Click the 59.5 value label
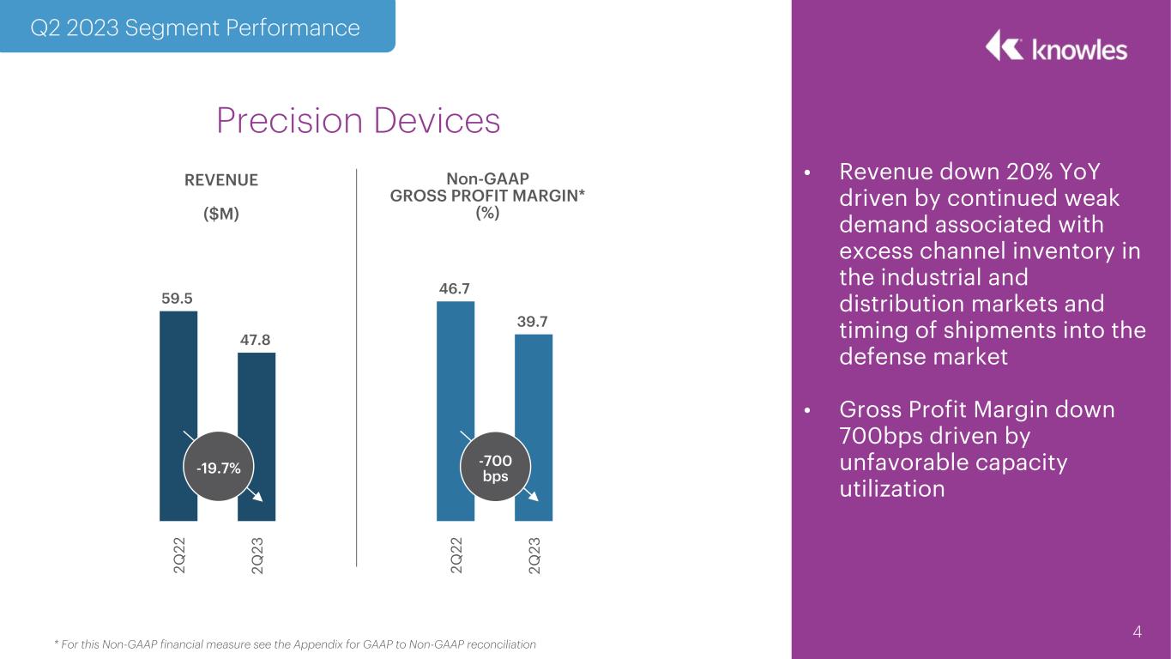(177, 299)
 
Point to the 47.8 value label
(255, 340)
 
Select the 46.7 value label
(455, 288)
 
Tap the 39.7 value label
(532, 322)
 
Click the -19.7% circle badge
(219, 467)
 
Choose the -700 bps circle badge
(495, 467)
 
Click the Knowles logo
(1056, 46)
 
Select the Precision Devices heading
(359, 120)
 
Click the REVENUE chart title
(221, 180)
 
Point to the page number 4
(1137, 632)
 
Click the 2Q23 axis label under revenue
(257, 555)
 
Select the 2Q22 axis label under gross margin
(456, 555)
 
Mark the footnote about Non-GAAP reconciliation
(295, 644)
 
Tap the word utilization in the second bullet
(892, 489)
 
